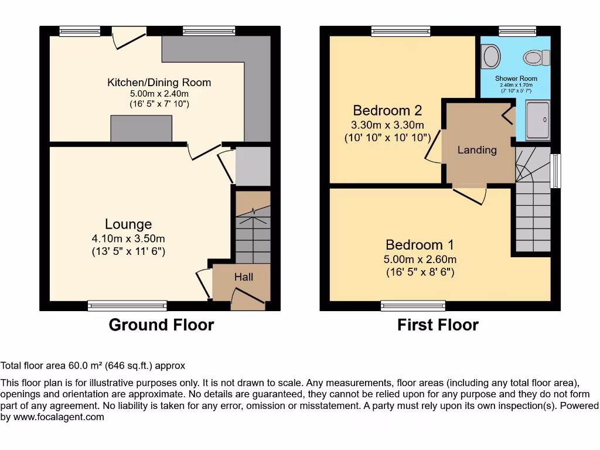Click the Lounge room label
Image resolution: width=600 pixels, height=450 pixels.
pos(128,224)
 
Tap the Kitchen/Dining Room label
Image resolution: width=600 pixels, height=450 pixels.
pos(159,82)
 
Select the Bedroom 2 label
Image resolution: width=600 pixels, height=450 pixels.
pos(387,111)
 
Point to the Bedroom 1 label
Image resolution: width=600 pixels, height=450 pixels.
pos(420,245)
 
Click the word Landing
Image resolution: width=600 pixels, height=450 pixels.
pos(477,150)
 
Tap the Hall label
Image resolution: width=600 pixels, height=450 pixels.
pos(244,277)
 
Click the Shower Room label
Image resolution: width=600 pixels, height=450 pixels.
pos(516,79)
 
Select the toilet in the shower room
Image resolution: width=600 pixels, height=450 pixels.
pos(537,58)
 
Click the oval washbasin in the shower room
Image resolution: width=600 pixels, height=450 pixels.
pos(492,56)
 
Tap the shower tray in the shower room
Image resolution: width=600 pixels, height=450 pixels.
pos(538,120)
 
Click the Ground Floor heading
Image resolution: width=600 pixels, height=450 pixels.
pos(162,325)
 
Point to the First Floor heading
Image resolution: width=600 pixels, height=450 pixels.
pos(438,325)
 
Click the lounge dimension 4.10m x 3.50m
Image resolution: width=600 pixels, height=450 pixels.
pos(128,239)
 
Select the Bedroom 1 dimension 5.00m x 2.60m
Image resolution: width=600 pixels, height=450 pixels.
pos(420,260)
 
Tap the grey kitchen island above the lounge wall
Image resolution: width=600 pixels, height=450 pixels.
pos(141,128)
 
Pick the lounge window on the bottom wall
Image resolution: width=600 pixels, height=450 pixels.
pos(127,305)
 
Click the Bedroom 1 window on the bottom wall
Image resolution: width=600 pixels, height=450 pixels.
pos(413,305)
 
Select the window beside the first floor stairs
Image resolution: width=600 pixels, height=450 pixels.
pos(555,171)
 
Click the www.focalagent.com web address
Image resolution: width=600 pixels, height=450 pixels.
pos(59,417)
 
